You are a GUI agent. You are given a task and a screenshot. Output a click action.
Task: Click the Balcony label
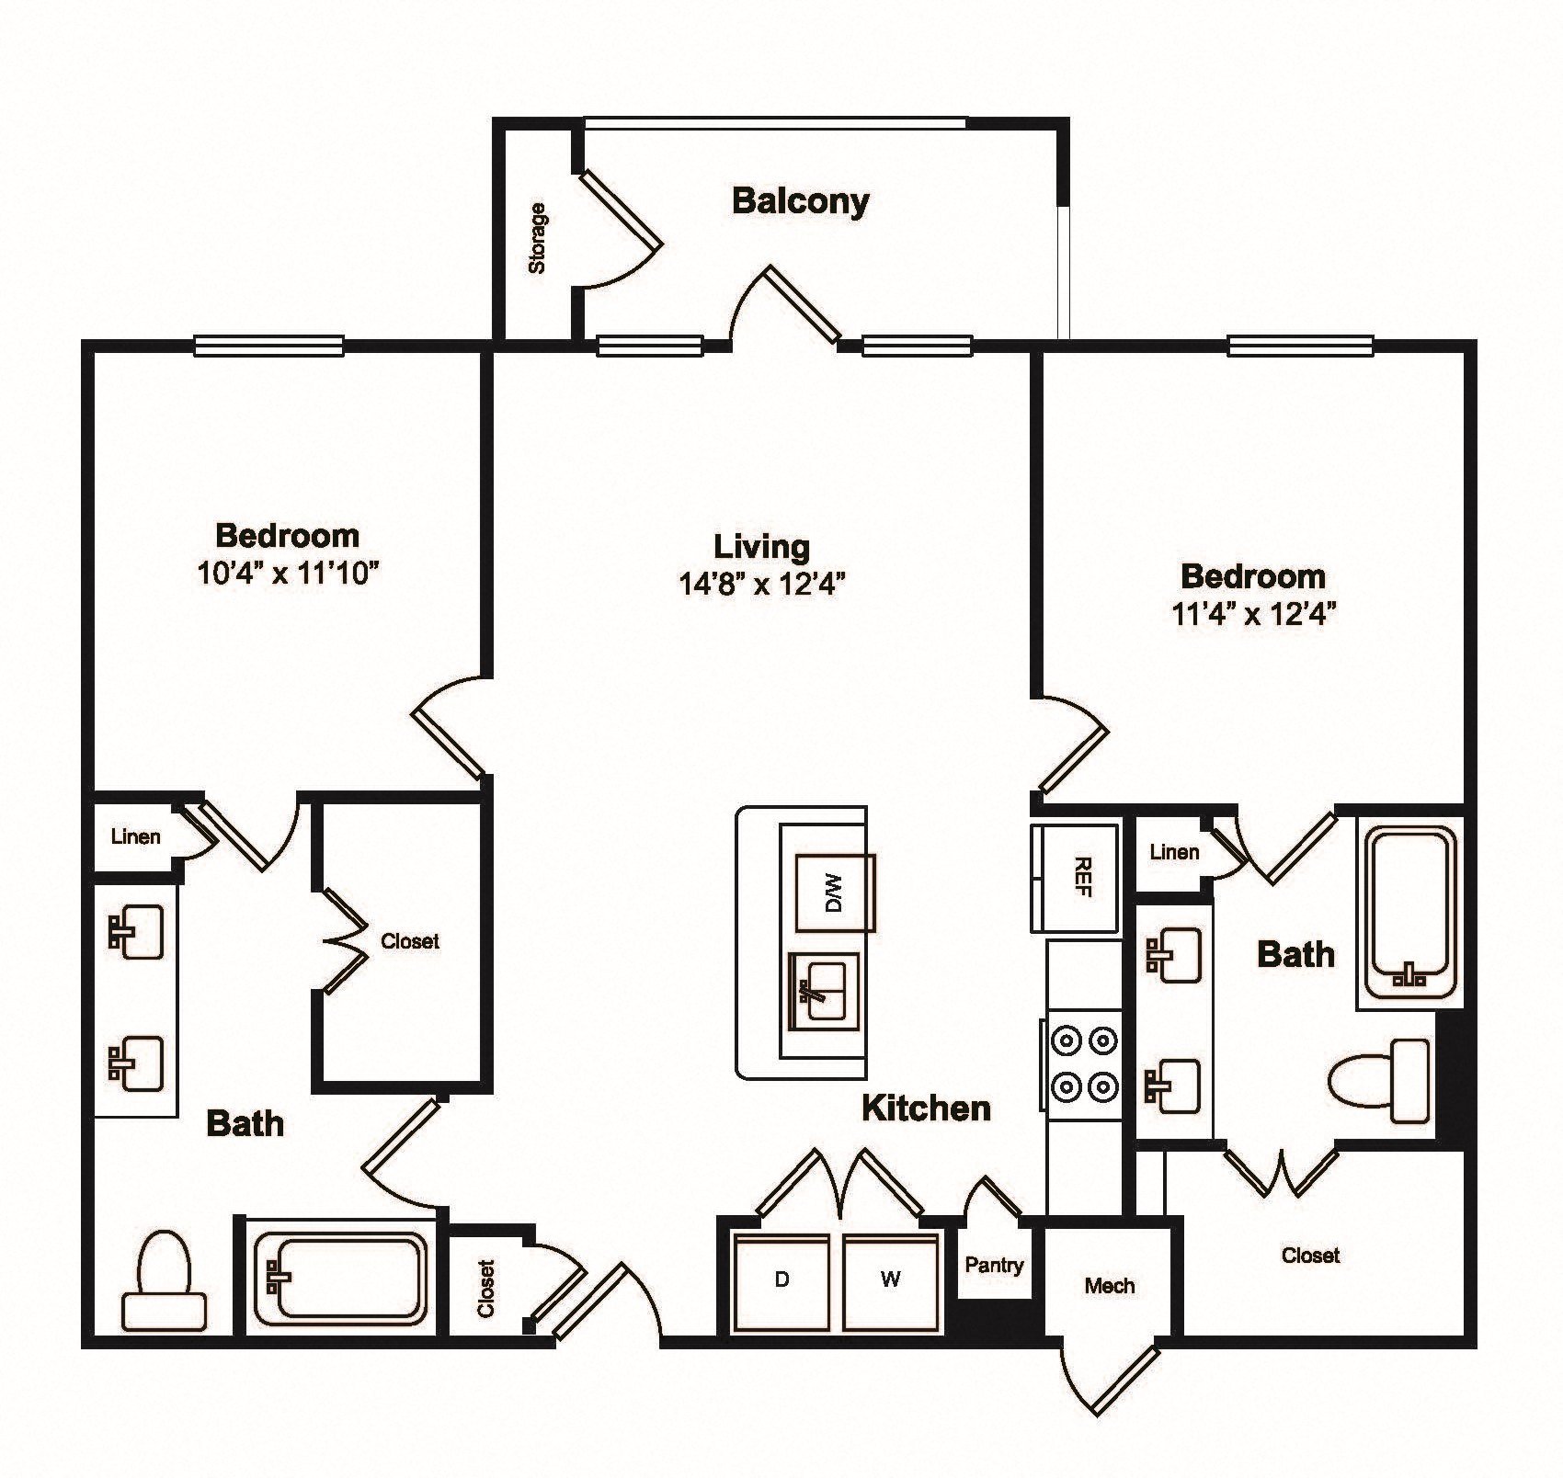point(800,201)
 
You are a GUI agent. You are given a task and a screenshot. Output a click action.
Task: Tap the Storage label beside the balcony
point(537,238)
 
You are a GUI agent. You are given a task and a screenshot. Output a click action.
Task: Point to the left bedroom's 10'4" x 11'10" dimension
point(288,574)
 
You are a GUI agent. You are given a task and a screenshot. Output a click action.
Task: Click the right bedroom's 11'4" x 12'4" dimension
point(1253,613)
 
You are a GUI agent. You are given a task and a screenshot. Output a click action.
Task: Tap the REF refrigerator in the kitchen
point(1076,878)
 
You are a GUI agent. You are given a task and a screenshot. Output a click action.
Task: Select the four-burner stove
point(1082,1064)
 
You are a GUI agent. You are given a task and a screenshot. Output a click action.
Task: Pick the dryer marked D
point(781,1280)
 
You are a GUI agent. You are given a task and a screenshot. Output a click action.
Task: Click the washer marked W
point(891,1280)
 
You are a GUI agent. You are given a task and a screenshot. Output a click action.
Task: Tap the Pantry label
point(994,1265)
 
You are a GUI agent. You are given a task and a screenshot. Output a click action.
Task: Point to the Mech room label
point(1109,1286)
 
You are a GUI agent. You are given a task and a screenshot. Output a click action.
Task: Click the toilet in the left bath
point(165,1280)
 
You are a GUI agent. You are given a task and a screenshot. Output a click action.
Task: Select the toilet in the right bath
point(1380,1081)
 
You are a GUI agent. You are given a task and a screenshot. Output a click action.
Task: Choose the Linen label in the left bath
point(135,836)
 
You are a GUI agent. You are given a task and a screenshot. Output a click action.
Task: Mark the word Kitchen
point(926,1108)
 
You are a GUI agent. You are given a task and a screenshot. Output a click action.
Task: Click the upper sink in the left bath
point(135,932)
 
